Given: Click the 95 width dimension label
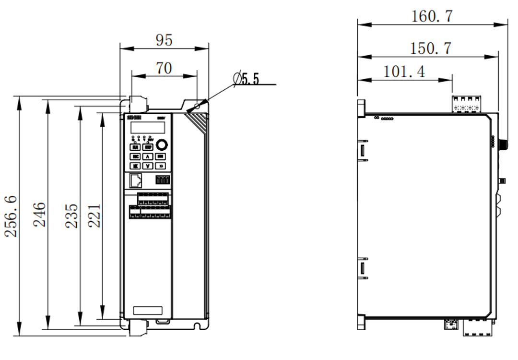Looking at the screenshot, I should [164, 40].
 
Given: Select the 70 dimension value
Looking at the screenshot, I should [164, 68].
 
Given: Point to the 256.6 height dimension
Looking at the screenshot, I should [11, 216].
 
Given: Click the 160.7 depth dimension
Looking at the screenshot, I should [432, 16].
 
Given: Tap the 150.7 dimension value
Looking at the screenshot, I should [431, 48].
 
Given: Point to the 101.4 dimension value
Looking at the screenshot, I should [404, 72].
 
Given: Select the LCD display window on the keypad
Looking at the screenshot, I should [146, 128].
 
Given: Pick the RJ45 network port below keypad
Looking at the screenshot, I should [136, 180].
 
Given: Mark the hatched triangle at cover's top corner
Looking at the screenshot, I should [199, 122].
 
